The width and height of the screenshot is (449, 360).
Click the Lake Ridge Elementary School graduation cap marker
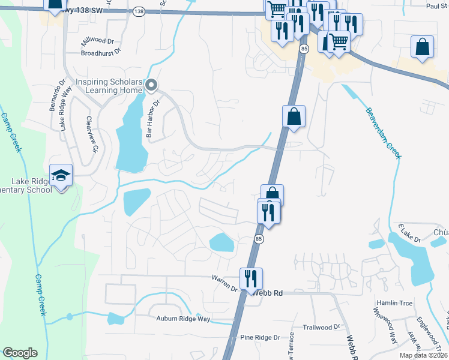click(x=61, y=175)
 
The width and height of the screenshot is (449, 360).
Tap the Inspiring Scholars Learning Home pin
click(x=151, y=86)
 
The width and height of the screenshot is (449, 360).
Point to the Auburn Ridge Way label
click(x=183, y=319)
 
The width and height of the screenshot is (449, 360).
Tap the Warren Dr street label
click(x=224, y=284)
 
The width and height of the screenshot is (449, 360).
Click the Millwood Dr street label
click(x=101, y=43)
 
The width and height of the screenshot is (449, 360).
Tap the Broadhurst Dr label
click(x=101, y=52)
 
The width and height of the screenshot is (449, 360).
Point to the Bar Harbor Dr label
click(x=154, y=118)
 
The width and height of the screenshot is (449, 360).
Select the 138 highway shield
click(x=139, y=11)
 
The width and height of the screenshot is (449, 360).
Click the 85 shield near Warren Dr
click(x=259, y=239)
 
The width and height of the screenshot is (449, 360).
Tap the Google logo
click(x=19, y=353)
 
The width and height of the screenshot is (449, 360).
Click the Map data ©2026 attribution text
click(x=423, y=355)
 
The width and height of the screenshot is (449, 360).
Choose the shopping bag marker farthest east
click(x=422, y=47)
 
